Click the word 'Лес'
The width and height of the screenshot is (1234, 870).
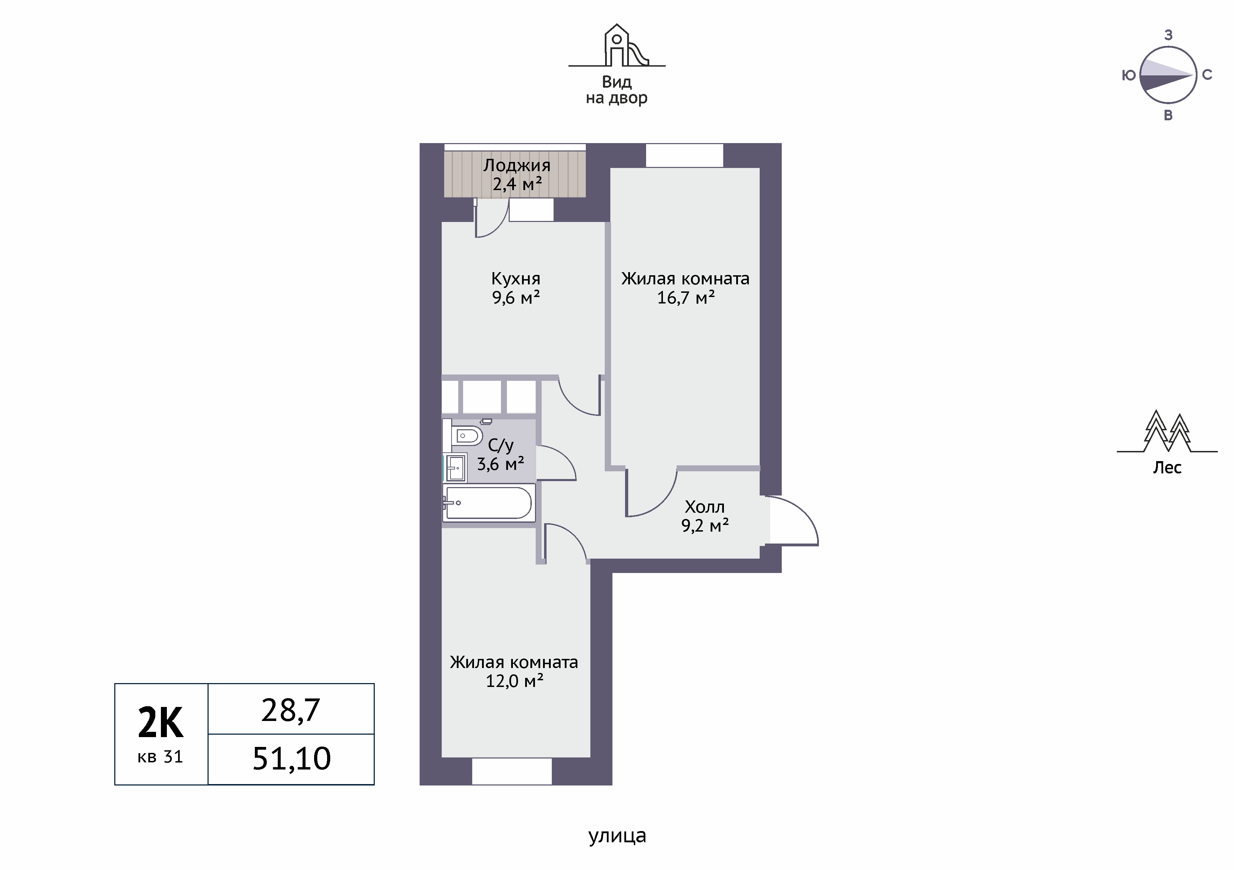coord(1167,468)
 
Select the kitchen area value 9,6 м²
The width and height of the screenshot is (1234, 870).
coord(516,297)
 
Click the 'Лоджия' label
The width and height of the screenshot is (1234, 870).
coord(516,165)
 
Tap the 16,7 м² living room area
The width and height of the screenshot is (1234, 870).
coord(686,297)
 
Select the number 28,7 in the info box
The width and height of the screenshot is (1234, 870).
coord(291,710)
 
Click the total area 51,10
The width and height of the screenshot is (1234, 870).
coord(291,759)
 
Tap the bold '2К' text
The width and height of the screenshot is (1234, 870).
coord(161,723)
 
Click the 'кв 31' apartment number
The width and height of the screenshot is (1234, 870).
coord(160,757)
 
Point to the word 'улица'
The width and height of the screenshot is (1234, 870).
coord(617,836)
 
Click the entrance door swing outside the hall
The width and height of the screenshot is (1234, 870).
coord(794,520)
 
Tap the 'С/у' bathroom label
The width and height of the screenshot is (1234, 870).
coord(501,445)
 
